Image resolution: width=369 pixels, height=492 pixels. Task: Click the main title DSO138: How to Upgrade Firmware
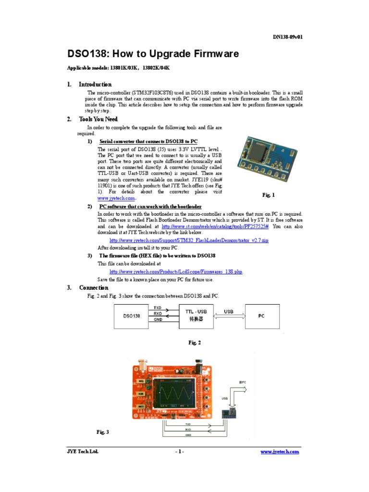pos(152,54)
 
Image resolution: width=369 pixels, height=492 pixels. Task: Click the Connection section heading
pos(94,287)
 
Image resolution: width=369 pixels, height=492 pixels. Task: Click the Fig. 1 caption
pos(269,195)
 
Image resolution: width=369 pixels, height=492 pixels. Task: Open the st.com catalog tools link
pos(215,226)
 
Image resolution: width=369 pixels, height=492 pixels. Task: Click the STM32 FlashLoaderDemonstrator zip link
pos(188,240)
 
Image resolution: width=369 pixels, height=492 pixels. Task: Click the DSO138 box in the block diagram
pos(132,316)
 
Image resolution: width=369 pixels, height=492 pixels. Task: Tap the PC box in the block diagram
pos(261,316)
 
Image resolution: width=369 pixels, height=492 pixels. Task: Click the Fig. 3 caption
pos(103,432)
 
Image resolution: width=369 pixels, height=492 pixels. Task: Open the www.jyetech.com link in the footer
pos(280,452)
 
